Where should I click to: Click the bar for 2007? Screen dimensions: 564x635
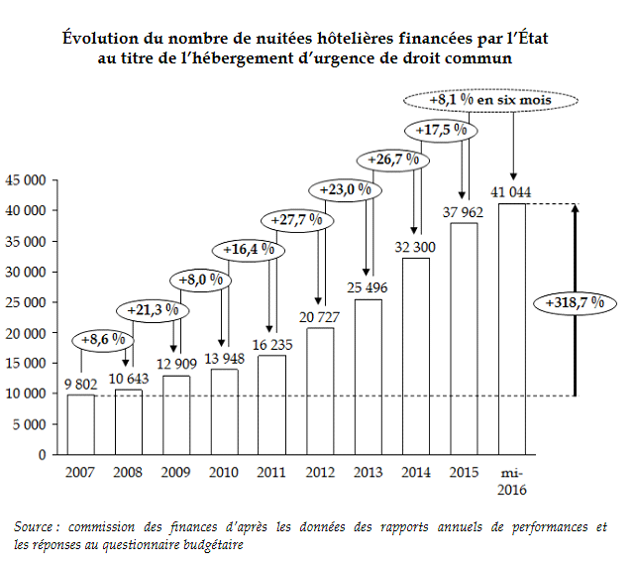[x=81, y=424]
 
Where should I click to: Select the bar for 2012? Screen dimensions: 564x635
[x=320, y=391]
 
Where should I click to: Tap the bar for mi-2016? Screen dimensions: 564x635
[x=511, y=329]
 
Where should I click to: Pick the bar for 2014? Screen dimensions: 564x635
[x=416, y=356]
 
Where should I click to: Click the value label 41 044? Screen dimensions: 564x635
[x=511, y=192]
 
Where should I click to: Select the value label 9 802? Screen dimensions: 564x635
[x=81, y=384]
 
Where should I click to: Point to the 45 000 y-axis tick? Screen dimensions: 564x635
[x=28, y=180]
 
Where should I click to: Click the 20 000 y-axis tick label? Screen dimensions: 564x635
[x=28, y=332]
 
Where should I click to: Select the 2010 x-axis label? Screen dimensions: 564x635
[x=225, y=472]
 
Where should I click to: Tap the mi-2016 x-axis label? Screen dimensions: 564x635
[x=511, y=481]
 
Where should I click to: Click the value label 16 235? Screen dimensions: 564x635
[x=272, y=345]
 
